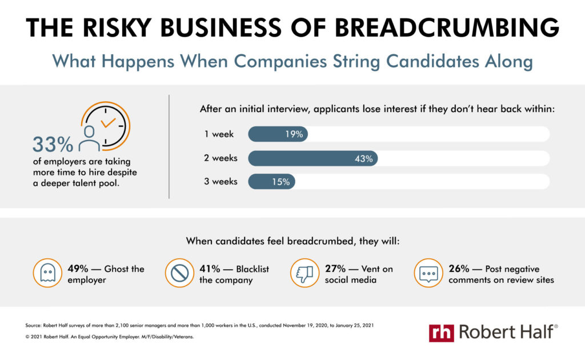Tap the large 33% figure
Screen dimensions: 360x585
52,145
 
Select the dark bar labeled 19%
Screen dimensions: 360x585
278,134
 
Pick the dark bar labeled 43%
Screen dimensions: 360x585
312,158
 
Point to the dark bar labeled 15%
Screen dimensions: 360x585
271,182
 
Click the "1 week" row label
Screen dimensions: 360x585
218,135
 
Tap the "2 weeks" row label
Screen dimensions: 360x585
221,158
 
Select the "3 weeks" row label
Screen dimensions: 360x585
221,182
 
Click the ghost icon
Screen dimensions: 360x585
47,274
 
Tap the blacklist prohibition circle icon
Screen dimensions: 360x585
179,274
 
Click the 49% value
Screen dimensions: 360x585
77,269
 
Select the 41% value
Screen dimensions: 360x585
209,269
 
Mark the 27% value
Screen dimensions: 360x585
335,269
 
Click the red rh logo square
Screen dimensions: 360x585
442,332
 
